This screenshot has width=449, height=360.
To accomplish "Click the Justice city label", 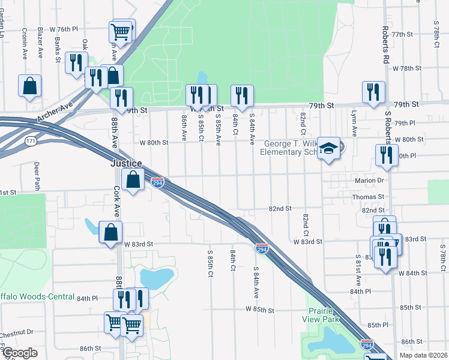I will pos(125,163).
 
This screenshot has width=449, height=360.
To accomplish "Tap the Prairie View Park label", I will pos(325,315).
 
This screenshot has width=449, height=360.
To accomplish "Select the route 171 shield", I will pos(29,141).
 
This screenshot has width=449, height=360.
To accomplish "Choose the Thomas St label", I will pos(368,197).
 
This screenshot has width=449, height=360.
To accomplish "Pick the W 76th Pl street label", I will pos(64,29).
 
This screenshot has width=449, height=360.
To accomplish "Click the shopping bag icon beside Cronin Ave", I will pos(29,86).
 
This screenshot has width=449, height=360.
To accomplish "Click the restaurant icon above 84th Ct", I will pos(242,95).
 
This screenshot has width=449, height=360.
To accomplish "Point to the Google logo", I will pos(20,353).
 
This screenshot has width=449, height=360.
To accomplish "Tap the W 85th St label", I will pos(259,310).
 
